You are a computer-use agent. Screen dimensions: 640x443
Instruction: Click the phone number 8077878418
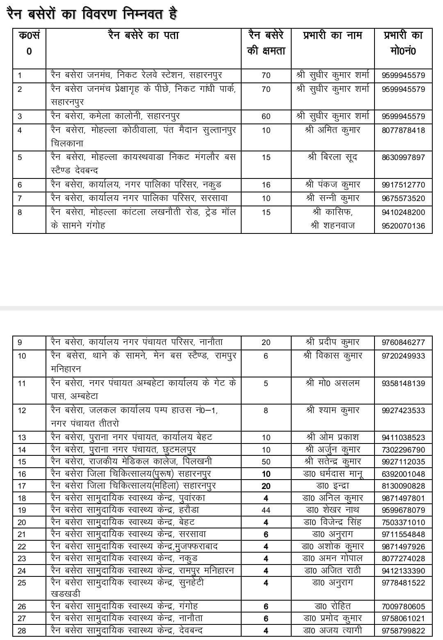point(403,130)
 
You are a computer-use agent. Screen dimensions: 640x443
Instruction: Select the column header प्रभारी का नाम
point(332,36)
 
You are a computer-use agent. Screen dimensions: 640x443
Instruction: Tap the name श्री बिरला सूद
point(332,157)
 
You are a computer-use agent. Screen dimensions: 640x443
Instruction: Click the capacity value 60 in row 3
point(266,117)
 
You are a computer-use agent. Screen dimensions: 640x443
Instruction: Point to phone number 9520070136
point(403,226)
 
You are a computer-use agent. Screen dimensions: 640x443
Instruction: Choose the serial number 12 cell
point(22,411)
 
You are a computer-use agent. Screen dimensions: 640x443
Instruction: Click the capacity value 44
point(266,510)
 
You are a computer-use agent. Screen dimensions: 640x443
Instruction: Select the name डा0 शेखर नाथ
point(333,510)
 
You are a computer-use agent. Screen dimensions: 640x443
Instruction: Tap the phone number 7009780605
point(403,606)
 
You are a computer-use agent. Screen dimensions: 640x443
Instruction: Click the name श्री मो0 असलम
point(333,383)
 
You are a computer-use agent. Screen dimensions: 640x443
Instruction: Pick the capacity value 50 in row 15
point(266,462)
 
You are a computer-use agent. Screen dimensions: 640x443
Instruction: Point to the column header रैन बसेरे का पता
point(143,36)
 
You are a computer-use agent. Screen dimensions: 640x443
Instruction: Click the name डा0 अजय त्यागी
point(333,631)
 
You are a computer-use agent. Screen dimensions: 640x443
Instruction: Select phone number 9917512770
point(403,185)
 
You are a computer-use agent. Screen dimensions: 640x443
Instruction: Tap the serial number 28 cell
point(22,631)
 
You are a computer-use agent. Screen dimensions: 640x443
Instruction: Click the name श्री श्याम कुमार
point(333,410)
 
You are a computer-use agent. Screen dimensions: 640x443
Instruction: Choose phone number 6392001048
point(403,474)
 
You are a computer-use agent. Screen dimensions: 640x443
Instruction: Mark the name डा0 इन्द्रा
point(333,486)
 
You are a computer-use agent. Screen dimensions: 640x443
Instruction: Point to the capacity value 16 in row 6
point(266,185)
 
